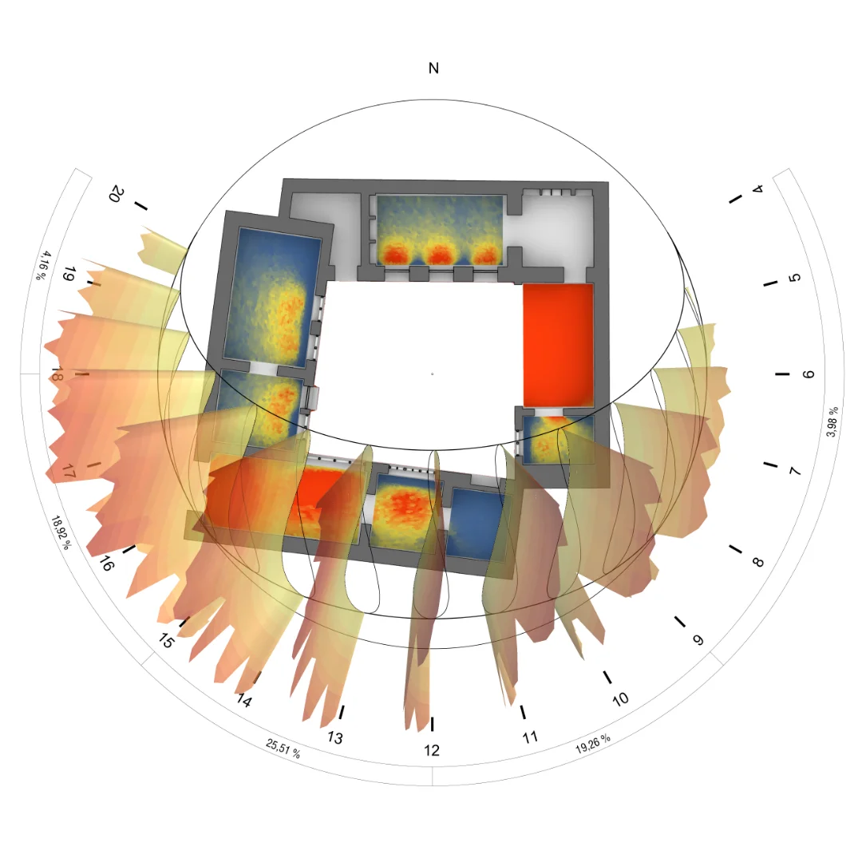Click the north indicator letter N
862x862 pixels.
point(433,68)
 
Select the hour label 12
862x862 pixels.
point(432,749)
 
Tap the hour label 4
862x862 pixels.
point(758,188)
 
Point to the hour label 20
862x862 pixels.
point(117,194)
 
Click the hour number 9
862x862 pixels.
point(698,640)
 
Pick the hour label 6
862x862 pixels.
point(808,374)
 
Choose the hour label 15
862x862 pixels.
point(165,640)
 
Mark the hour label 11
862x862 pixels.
point(530,737)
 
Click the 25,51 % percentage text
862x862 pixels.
point(283,748)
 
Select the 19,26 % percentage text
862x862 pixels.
point(592,744)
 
